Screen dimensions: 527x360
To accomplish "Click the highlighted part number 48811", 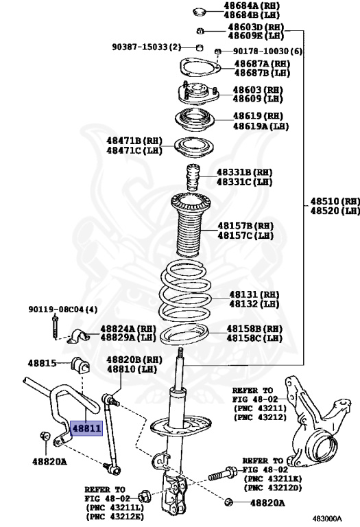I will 84,429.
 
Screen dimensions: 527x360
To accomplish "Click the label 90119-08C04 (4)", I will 62,310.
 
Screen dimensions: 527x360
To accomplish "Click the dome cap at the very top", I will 199,10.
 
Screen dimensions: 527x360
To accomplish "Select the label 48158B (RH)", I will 254,329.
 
